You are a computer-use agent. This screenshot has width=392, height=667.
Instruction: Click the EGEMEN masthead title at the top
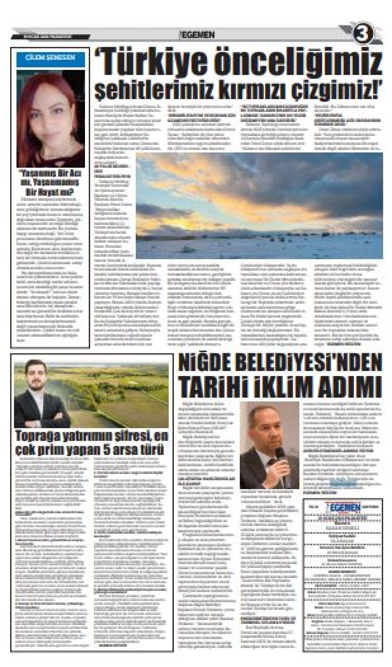point(197,35)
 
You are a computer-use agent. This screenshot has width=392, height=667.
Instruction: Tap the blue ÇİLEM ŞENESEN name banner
point(50,58)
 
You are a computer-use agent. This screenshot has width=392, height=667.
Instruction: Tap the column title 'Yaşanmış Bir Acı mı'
point(50,174)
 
